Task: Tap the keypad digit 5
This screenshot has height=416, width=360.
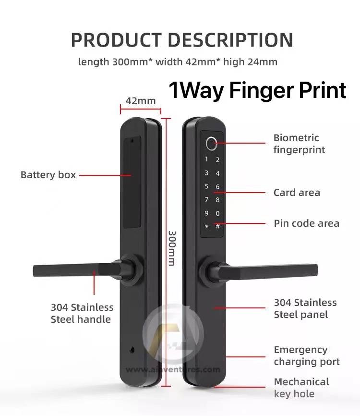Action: (206, 186)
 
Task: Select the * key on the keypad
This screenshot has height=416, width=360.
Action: (206, 226)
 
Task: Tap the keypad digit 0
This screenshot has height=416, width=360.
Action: (217, 213)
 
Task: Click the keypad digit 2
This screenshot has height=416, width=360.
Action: (217, 160)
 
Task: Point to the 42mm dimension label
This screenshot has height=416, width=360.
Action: (141, 101)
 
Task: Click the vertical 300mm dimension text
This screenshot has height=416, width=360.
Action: (171, 248)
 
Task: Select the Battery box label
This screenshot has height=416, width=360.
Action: (48, 175)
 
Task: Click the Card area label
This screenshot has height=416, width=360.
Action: (297, 193)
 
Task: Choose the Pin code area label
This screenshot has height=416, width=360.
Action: (306, 223)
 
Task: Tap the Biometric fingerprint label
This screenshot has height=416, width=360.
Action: (299, 144)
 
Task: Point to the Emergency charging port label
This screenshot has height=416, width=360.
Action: (307, 355)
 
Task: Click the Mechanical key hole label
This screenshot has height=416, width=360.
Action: (301, 388)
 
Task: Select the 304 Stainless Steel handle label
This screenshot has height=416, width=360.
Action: (82, 313)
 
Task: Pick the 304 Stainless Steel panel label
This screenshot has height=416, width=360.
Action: (305, 308)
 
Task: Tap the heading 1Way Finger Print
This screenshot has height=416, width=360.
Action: (257, 90)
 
